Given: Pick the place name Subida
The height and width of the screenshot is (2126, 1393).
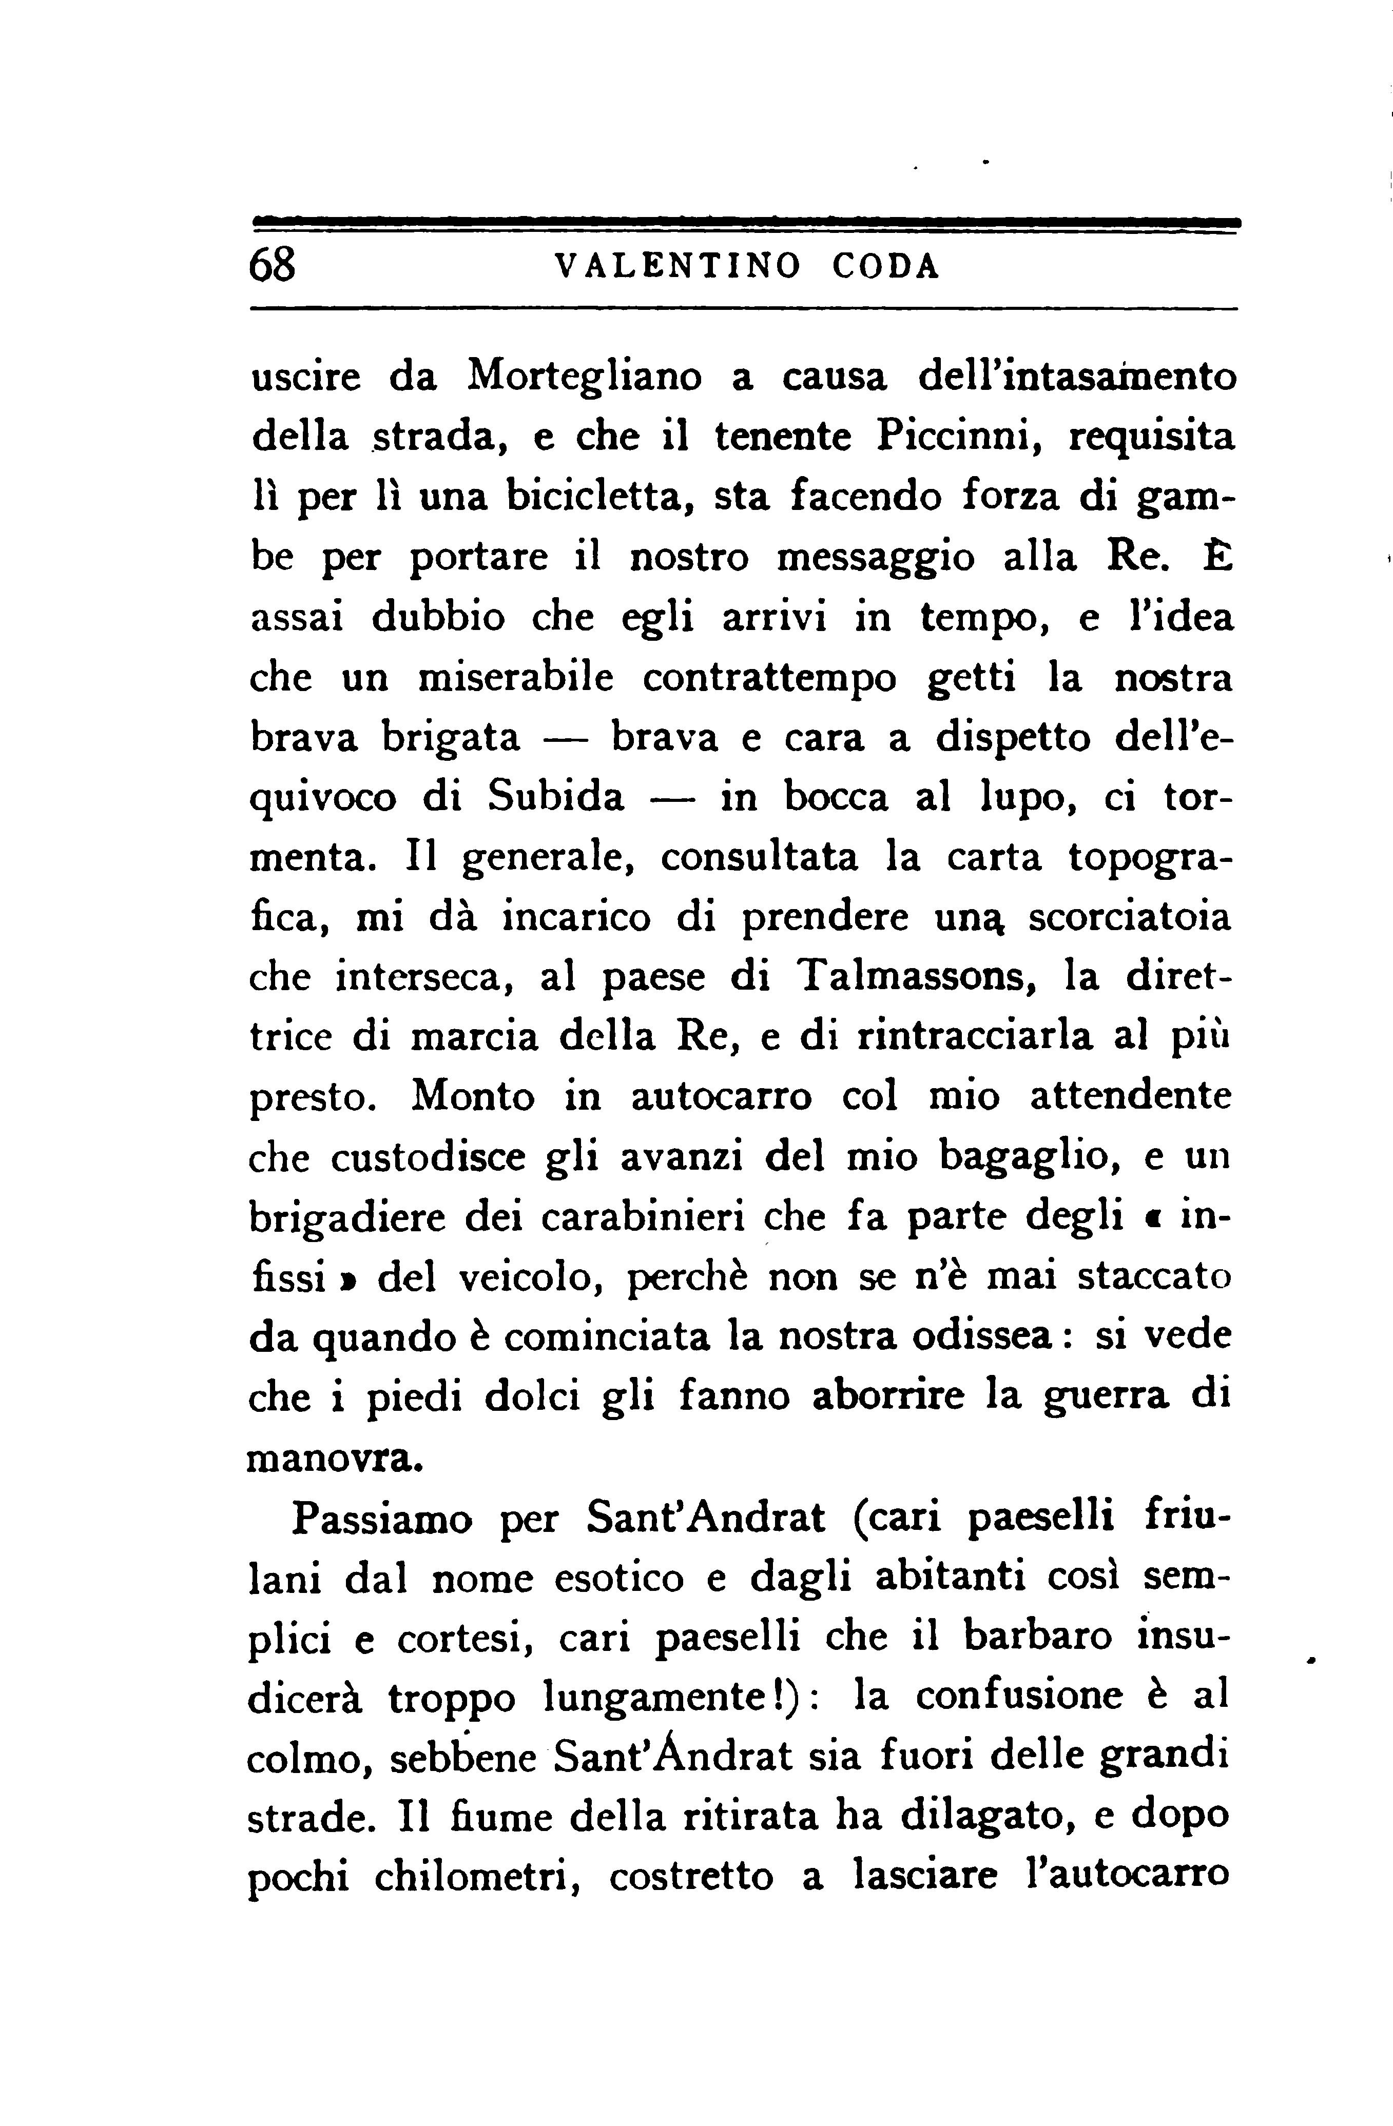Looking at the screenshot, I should point(556,797).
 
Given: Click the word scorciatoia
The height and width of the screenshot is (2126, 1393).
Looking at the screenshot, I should point(1130,917).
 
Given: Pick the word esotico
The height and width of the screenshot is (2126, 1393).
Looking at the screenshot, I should point(618,1579).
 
